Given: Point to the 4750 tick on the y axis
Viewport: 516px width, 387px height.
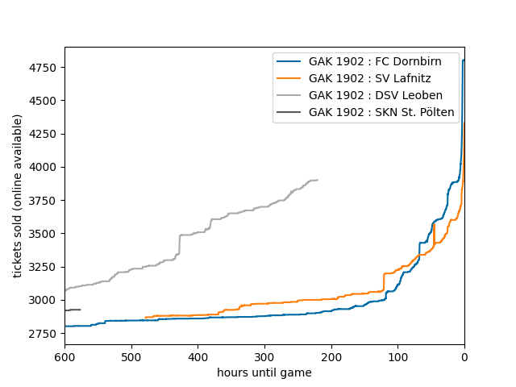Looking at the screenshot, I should pyautogui.click(x=45, y=67).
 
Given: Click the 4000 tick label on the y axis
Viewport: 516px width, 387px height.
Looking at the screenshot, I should pyautogui.click(x=45, y=167).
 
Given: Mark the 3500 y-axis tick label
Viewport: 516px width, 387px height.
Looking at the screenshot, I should pyautogui.click(x=45, y=234).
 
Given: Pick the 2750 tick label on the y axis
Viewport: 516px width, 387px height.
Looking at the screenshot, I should pyautogui.click(x=45, y=334).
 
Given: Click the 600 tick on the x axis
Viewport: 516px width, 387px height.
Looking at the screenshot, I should pyautogui.click(x=64, y=357).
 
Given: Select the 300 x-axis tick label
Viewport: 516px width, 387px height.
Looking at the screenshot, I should pyautogui.click(x=264, y=357).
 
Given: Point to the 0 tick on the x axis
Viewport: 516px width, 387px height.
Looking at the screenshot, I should pyautogui.click(x=464, y=357).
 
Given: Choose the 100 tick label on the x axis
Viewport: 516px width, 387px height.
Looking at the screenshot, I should pyautogui.click(x=397, y=357).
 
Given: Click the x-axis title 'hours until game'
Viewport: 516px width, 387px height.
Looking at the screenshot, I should pyautogui.click(x=264, y=372).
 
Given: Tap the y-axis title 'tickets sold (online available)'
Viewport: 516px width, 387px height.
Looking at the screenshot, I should pyautogui.click(x=18, y=196).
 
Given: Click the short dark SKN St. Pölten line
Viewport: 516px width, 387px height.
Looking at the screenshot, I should pyautogui.click(x=73, y=310).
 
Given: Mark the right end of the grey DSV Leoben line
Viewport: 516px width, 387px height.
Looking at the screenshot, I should pyautogui.click(x=317, y=180).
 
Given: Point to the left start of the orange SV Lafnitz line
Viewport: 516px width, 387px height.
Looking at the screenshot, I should pyautogui.click(x=146, y=318).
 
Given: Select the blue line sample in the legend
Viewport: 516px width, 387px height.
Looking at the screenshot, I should pyautogui.click(x=289, y=61).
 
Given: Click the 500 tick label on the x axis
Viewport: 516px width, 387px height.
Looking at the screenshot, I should pyautogui.click(x=131, y=357).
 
